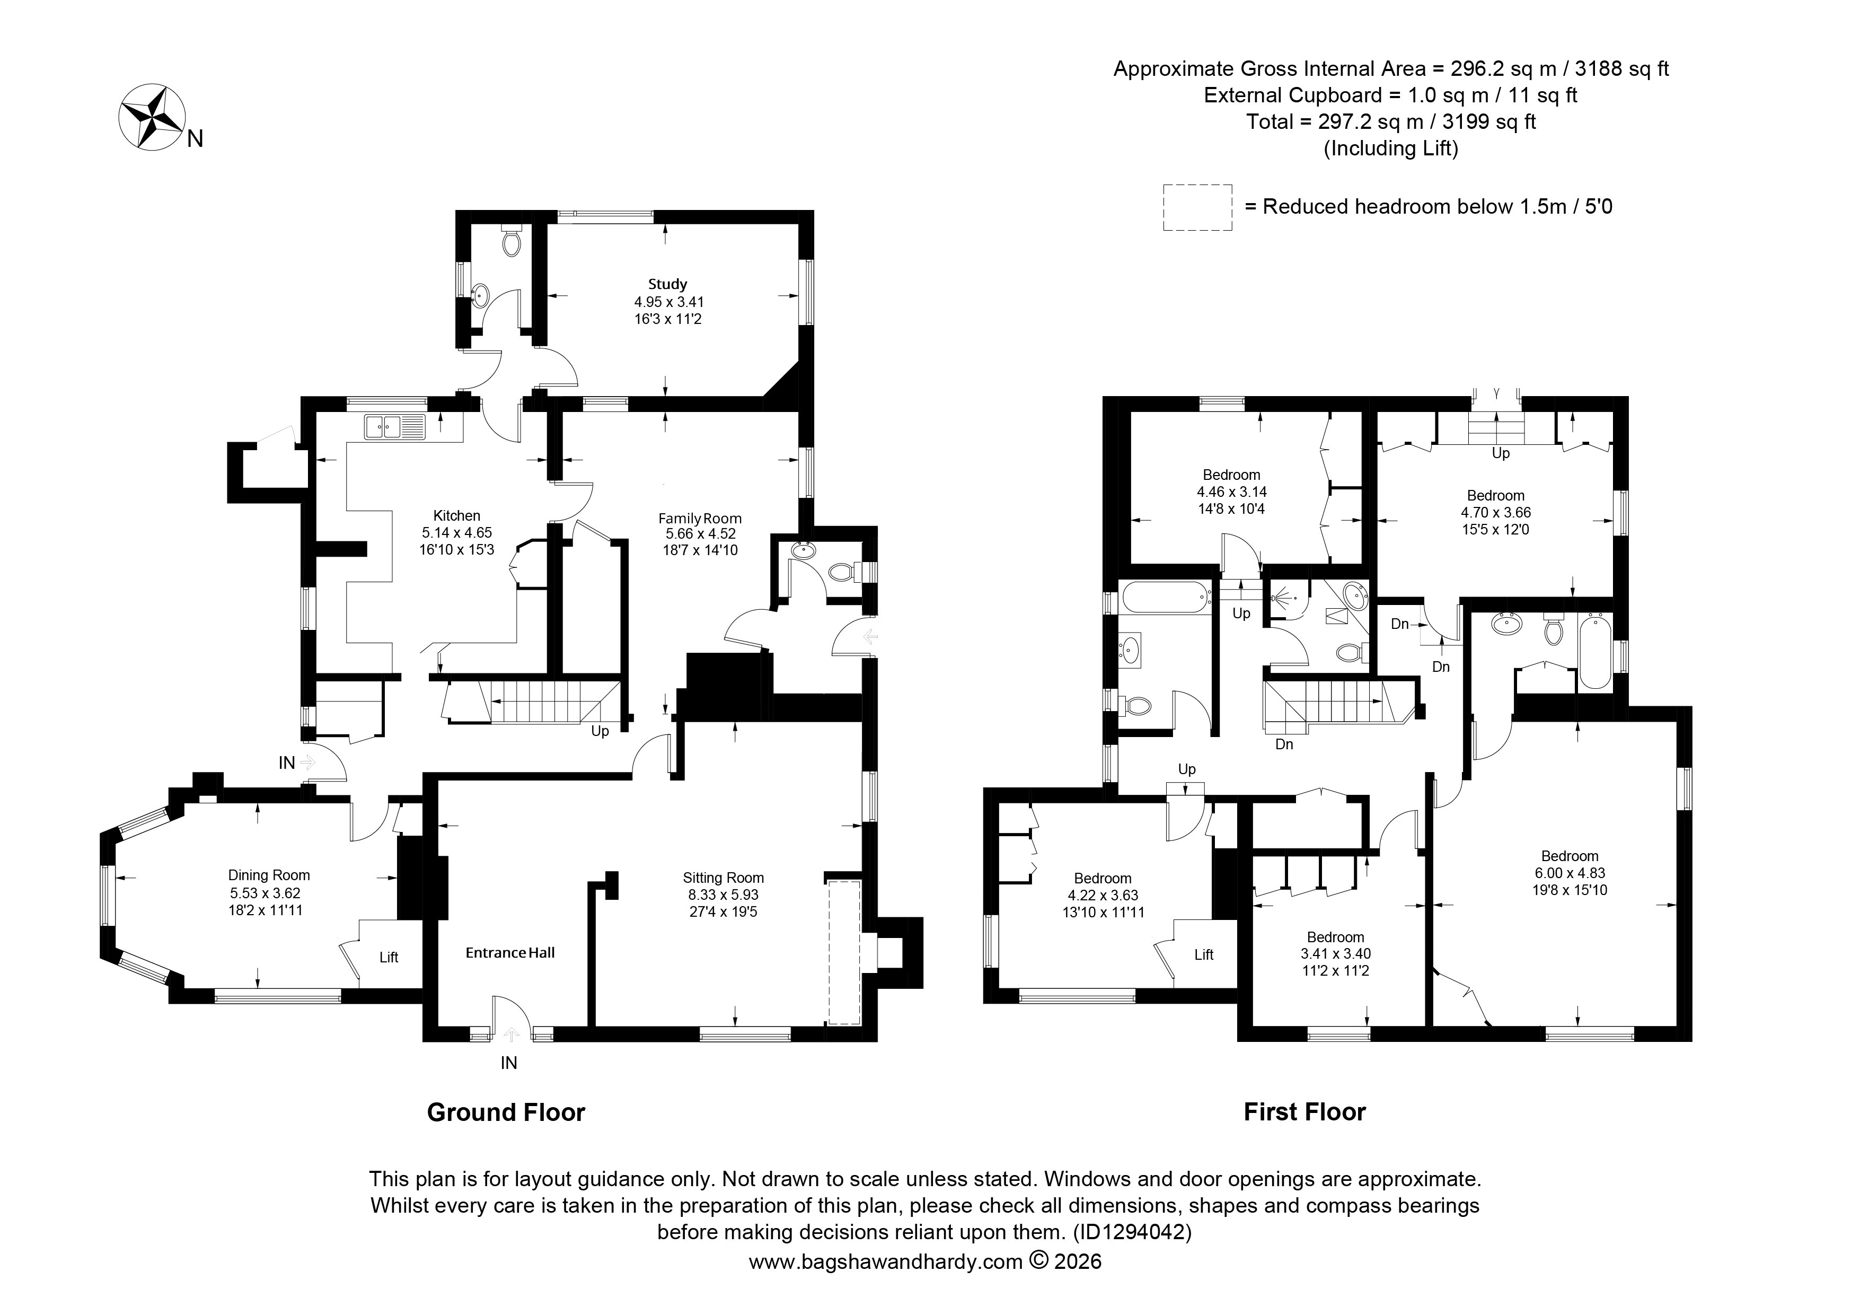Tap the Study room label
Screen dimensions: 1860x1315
click(x=667, y=284)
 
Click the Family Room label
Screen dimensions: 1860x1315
click(x=700, y=519)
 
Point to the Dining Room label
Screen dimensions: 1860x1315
click(x=269, y=875)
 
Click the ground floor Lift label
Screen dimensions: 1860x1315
click(x=389, y=957)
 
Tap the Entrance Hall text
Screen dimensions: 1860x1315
click(x=510, y=953)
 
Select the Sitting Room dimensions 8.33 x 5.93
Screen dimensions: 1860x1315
click(x=724, y=895)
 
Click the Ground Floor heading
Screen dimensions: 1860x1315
click(x=506, y=1112)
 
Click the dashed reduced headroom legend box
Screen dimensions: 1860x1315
click(x=1197, y=207)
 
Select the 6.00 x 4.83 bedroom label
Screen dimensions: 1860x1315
click(x=1570, y=873)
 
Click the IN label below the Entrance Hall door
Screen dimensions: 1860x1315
click(x=509, y=1063)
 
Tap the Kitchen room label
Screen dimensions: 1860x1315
click(x=457, y=515)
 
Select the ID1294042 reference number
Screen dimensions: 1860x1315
click(x=1133, y=1232)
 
